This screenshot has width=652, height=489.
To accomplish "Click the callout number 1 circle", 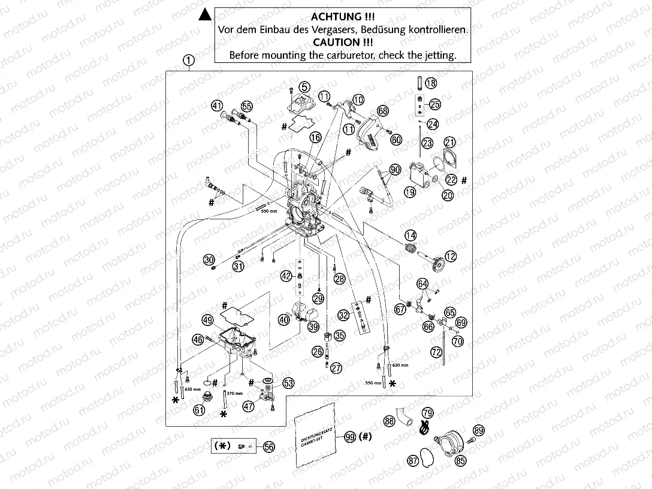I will [189, 60].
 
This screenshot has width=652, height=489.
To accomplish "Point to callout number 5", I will [305, 86].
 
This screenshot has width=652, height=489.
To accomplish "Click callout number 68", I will [382, 111].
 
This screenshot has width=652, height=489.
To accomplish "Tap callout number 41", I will [217, 105].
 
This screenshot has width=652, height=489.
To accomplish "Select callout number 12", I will [450, 256].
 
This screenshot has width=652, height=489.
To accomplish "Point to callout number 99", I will [350, 437].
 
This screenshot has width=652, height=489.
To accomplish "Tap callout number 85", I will [460, 461].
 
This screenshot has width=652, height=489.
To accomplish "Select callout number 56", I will [269, 446].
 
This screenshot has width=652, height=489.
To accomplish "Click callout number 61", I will [198, 410].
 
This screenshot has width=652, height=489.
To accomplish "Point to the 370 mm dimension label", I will [235, 394].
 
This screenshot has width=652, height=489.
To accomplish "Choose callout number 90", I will [394, 170].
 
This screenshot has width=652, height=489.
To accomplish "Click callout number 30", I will [209, 260].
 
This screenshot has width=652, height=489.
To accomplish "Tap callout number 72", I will [436, 354].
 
